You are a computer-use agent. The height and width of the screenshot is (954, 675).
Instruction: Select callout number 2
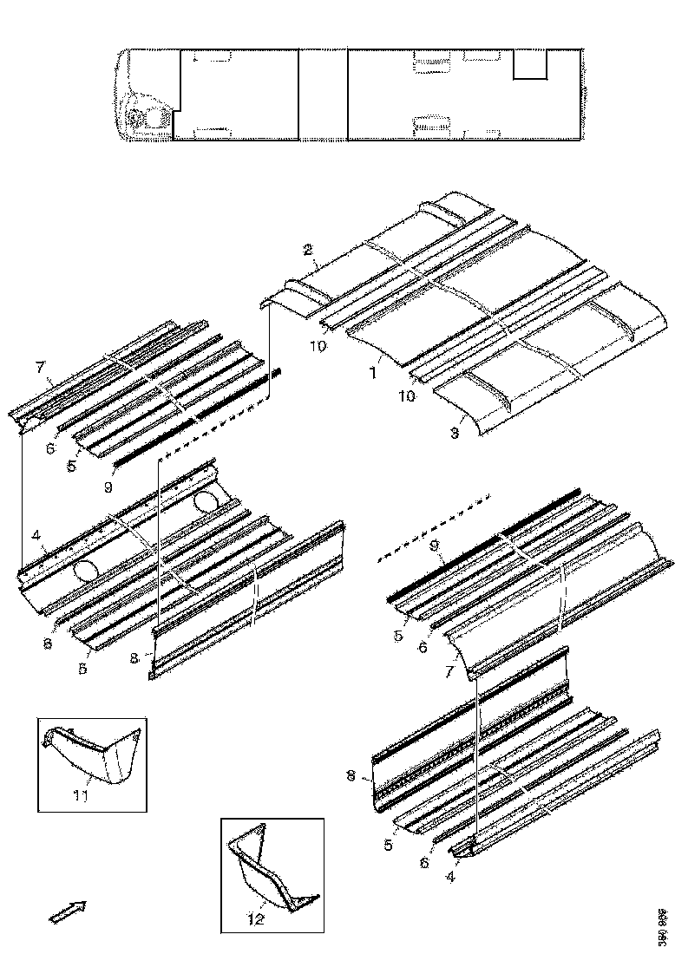(x=307, y=251)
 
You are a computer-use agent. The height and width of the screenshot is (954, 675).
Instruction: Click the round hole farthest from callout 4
(x=208, y=502)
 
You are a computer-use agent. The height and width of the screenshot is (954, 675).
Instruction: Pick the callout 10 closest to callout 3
(x=407, y=395)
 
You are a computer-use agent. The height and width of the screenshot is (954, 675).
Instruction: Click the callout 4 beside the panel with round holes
(x=37, y=547)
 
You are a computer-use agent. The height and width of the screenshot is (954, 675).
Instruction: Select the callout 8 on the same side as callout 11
(x=133, y=658)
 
